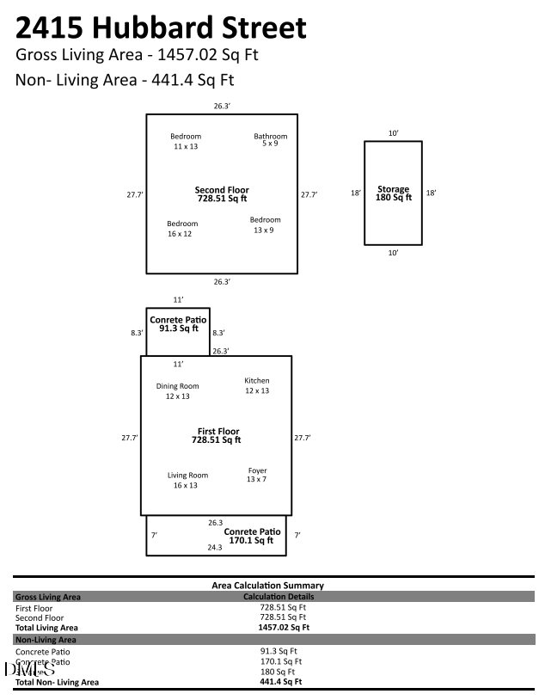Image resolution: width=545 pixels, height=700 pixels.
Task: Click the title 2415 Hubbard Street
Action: (x=161, y=28)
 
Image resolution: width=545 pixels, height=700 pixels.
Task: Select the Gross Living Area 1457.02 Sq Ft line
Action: (x=137, y=55)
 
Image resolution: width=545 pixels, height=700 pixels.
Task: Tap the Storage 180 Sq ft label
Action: (x=394, y=193)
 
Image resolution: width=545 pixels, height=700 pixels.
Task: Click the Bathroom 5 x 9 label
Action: (x=270, y=140)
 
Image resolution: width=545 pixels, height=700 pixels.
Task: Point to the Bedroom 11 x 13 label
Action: (x=185, y=141)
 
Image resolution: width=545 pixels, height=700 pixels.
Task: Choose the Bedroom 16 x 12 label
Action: (x=182, y=229)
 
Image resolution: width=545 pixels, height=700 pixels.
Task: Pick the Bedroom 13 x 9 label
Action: (x=266, y=225)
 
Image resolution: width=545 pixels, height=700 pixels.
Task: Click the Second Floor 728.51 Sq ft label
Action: (x=222, y=194)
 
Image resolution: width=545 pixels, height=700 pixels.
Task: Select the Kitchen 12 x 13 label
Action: (x=257, y=385)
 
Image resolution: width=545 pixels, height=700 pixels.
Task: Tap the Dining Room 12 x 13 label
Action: (x=177, y=391)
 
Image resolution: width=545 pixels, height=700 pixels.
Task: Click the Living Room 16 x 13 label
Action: (x=187, y=480)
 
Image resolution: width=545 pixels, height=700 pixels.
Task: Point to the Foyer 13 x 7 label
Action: (x=257, y=476)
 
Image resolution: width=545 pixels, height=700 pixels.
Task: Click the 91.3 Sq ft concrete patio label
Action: (x=177, y=324)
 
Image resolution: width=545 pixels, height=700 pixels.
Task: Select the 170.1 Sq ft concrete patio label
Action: (x=253, y=536)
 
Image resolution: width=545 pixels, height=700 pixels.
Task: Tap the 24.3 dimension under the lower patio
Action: (x=215, y=547)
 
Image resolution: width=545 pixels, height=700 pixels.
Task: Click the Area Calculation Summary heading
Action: (x=267, y=585)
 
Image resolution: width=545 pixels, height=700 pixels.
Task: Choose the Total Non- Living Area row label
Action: (x=57, y=682)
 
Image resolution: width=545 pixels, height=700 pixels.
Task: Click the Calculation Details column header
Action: (x=279, y=596)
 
